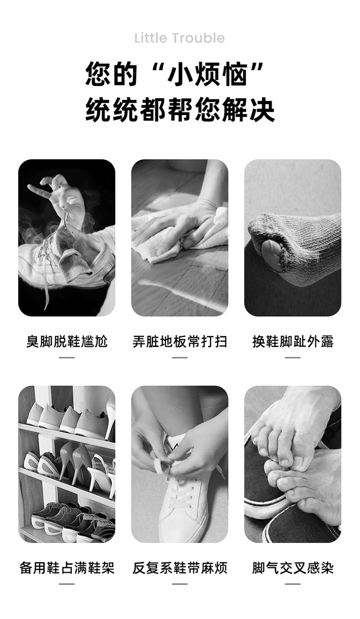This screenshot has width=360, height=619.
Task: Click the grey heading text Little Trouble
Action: [180, 38]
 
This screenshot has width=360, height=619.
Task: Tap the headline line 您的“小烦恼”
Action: [174, 74]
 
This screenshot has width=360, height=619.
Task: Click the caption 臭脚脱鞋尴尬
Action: [67, 341]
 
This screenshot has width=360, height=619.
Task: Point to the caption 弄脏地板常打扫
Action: [180, 341]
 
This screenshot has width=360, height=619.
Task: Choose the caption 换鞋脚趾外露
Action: [293, 341]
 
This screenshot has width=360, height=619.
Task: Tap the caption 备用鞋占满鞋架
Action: [67, 568]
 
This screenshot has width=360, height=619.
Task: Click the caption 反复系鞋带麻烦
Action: [180, 568]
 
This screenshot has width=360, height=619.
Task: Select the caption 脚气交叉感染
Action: [293, 568]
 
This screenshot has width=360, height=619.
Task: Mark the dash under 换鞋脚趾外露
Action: [293, 357]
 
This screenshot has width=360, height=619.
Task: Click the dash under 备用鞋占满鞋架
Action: [67, 584]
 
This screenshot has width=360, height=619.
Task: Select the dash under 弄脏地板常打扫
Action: [180, 357]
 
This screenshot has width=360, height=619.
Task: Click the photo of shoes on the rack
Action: [67, 464]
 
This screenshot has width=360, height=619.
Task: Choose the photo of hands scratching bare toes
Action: [293, 464]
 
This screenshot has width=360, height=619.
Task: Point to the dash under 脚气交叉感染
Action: [293, 584]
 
